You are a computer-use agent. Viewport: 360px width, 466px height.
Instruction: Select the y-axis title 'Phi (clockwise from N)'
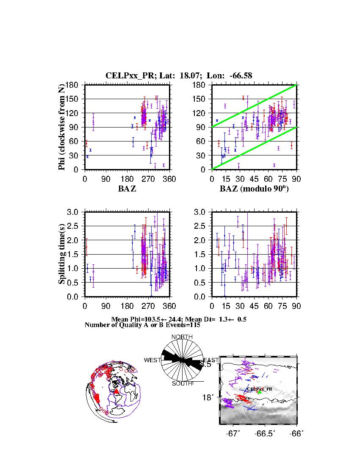click(62, 127)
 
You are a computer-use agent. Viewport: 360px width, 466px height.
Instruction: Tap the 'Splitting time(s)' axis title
click(62, 254)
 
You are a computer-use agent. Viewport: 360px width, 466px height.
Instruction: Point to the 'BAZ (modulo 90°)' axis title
click(254, 189)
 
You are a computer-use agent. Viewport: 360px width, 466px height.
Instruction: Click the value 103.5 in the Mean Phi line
click(152, 319)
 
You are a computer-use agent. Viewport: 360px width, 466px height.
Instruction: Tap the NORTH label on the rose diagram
click(182, 337)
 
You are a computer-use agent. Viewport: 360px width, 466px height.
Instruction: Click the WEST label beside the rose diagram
click(152, 360)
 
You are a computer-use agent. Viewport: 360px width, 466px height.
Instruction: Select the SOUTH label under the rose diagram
click(182, 383)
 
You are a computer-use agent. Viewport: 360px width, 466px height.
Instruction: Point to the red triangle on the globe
click(116, 392)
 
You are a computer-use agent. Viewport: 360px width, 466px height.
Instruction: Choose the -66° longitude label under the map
click(297, 433)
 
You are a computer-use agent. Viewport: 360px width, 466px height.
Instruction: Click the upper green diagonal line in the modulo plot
click(254, 106)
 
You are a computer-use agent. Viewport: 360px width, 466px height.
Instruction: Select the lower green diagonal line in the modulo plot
click(254, 148)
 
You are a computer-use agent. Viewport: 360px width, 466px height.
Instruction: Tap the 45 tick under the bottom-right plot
click(254, 306)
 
